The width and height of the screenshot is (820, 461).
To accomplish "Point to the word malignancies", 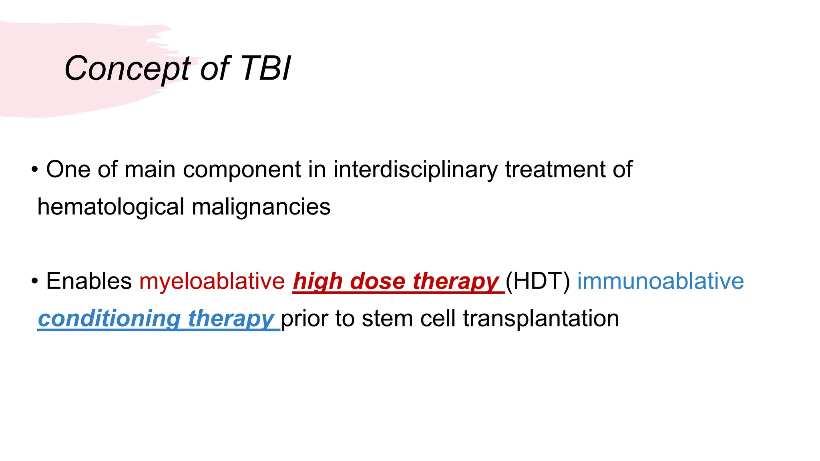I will pos(261,207).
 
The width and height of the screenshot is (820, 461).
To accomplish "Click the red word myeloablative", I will pos(212,281).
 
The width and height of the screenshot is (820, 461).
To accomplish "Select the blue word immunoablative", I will pos(660,281).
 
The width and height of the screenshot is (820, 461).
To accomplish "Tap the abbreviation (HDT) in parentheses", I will pos(537,281).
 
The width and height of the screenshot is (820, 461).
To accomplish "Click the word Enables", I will pos(89,281).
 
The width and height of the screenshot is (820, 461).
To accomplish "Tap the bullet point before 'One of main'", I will pos(35,170).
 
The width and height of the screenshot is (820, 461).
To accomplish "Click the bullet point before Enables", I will pos(35,281).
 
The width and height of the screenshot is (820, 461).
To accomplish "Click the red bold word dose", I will pos(377,281).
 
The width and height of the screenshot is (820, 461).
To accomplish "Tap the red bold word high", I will pos(318,281).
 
